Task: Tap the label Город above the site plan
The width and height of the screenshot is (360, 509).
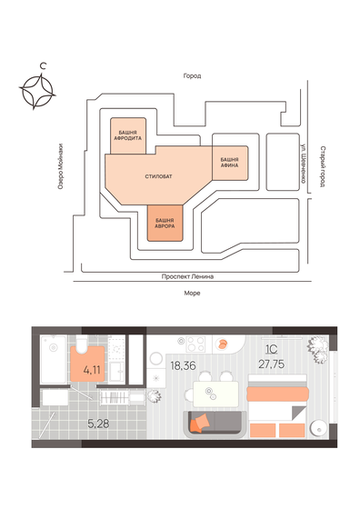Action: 190,76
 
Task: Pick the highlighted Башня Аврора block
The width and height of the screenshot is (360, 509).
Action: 165,223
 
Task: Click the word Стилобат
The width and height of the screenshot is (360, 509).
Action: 158,176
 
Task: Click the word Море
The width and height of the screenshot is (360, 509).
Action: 192,294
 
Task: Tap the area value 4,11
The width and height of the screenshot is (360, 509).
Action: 91,370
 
